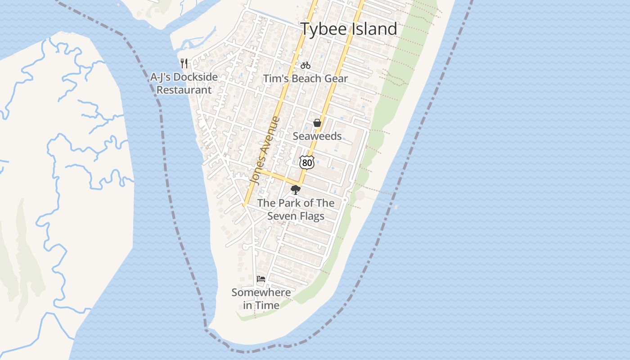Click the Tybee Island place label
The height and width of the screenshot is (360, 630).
(349, 29)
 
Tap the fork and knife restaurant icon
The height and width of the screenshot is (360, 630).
(184, 63)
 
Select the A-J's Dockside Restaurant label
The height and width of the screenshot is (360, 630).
(184, 83)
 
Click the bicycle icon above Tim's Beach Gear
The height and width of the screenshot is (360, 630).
(306, 65)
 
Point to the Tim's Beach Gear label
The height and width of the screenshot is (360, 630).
(306, 79)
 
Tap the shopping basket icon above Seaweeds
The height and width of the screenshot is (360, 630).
(317, 123)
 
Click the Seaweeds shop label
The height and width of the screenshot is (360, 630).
(317, 136)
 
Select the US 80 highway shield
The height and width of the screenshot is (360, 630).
(306, 162)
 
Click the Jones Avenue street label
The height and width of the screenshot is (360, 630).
(265, 150)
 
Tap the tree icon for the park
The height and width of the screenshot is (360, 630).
(295, 189)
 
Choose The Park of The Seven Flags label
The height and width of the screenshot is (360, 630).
(296, 210)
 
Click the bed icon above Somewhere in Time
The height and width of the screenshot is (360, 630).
(261, 279)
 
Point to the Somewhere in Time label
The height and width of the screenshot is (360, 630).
(261, 299)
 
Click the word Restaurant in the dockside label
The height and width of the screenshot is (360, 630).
(184, 90)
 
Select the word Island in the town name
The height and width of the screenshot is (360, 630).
(374, 29)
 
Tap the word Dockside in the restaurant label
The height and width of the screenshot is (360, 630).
(196, 77)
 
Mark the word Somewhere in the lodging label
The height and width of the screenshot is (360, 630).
(261, 292)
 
